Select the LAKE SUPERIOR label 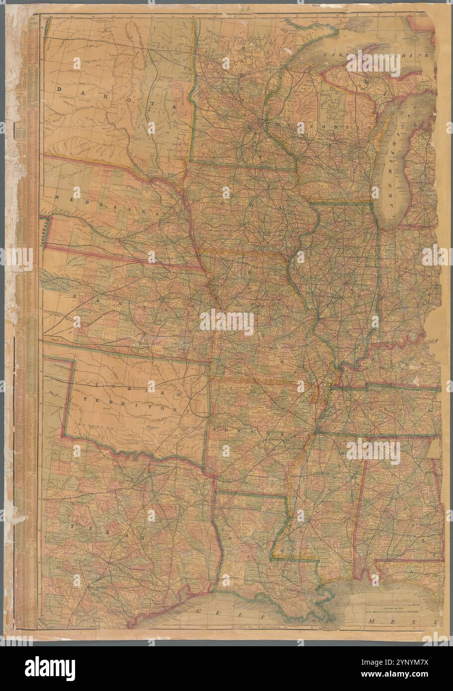[378, 54]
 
